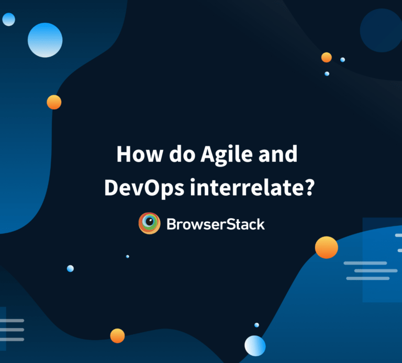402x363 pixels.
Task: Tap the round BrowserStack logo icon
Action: [149, 223]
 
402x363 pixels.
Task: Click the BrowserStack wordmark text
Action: [216, 224]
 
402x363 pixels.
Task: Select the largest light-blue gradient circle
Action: [45, 40]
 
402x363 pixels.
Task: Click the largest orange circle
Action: [326, 247]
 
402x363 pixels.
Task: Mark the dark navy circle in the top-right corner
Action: [380, 29]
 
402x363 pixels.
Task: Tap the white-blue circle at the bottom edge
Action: [255, 346]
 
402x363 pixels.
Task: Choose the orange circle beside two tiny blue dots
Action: [327, 57]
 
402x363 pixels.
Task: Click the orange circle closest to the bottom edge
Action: [117, 336]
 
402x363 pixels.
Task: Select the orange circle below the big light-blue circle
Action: [54, 102]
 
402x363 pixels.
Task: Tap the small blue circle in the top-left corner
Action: [8, 19]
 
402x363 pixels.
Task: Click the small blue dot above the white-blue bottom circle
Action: [256, 325]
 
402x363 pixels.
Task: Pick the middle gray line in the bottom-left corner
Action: [13, 330]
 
